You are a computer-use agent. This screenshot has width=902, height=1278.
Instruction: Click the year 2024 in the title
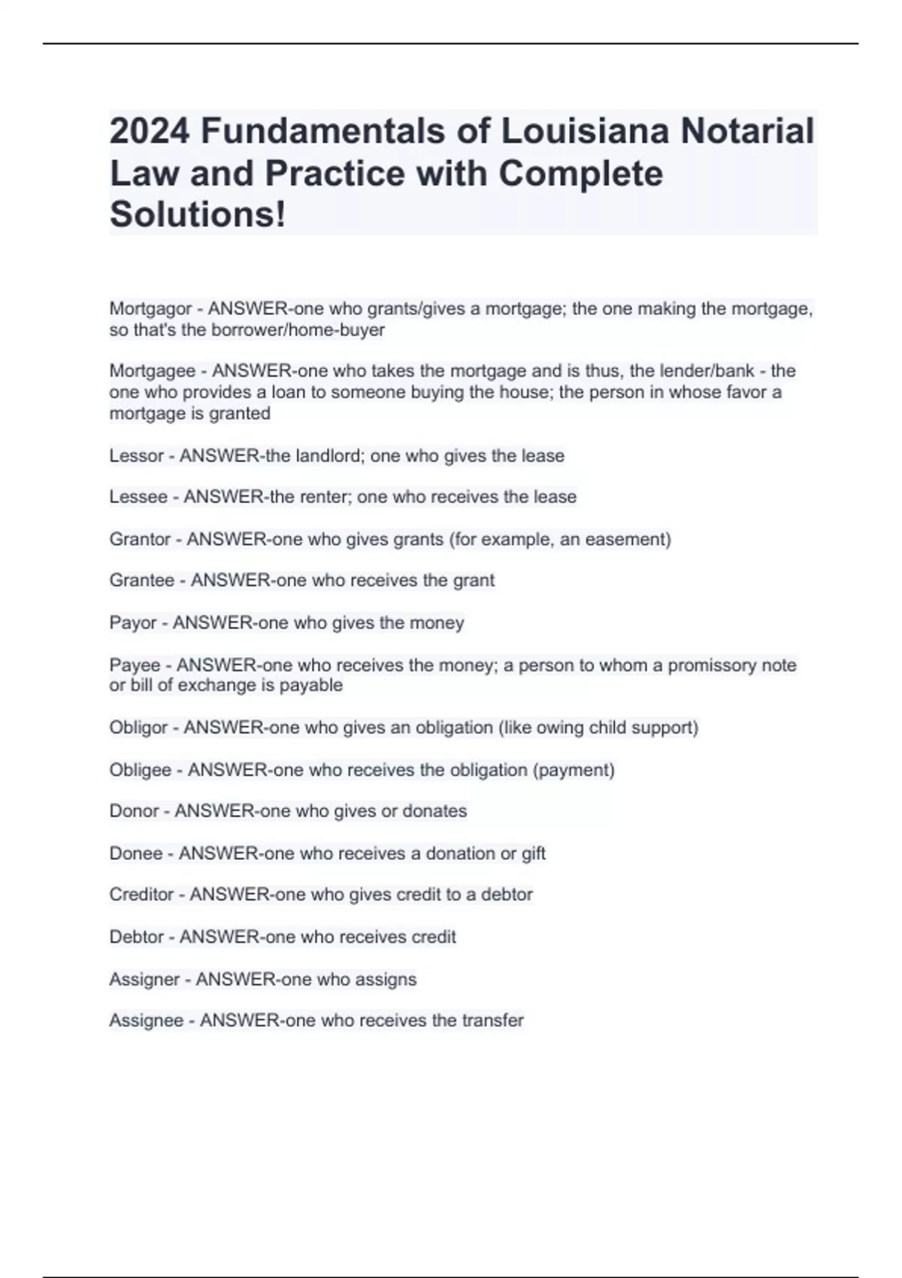click(149, 132)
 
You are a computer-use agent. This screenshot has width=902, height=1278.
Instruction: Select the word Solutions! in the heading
click(198, 214)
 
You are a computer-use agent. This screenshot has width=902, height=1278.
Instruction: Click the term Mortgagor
click(150, 309)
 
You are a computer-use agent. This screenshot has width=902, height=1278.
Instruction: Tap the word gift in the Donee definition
click(533, 853)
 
